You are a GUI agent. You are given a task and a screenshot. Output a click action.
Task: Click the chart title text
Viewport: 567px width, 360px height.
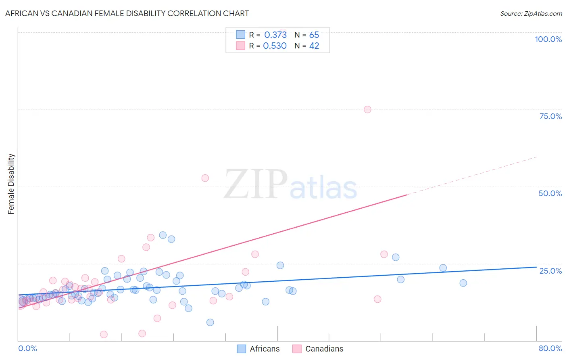127,13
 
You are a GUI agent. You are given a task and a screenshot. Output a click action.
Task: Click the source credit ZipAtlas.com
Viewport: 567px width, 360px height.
531,13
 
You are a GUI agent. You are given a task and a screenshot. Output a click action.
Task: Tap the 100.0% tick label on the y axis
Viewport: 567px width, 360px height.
548,39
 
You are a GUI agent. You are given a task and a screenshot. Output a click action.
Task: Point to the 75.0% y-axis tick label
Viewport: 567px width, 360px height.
550,116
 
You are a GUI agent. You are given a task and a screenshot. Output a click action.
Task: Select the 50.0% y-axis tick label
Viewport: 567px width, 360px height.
550,193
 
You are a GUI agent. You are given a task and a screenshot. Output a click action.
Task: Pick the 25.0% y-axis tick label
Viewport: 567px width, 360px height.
550,270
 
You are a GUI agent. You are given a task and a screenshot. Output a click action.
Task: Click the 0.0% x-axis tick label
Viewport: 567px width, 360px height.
27,348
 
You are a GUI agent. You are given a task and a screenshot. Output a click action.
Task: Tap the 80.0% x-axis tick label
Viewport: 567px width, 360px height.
550,348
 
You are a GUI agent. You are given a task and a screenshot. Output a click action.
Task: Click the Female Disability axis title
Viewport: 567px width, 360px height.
11,184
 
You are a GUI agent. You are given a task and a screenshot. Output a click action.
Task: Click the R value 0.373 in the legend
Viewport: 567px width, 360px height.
275,35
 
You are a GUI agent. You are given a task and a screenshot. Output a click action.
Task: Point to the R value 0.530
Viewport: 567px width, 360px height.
275,46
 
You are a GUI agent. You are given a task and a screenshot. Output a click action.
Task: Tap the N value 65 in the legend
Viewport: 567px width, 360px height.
314,35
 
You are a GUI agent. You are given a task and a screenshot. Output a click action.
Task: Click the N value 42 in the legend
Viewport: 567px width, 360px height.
314,46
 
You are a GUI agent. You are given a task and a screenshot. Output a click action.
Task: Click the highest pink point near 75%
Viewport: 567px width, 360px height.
367,109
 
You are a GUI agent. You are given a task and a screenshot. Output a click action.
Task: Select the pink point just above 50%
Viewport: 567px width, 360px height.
205,178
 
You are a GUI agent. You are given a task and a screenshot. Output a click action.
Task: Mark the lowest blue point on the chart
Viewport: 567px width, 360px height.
210,322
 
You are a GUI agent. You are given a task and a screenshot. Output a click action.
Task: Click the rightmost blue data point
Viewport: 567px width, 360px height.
463,283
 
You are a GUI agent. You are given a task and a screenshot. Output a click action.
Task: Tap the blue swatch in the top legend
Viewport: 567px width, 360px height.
241,35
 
